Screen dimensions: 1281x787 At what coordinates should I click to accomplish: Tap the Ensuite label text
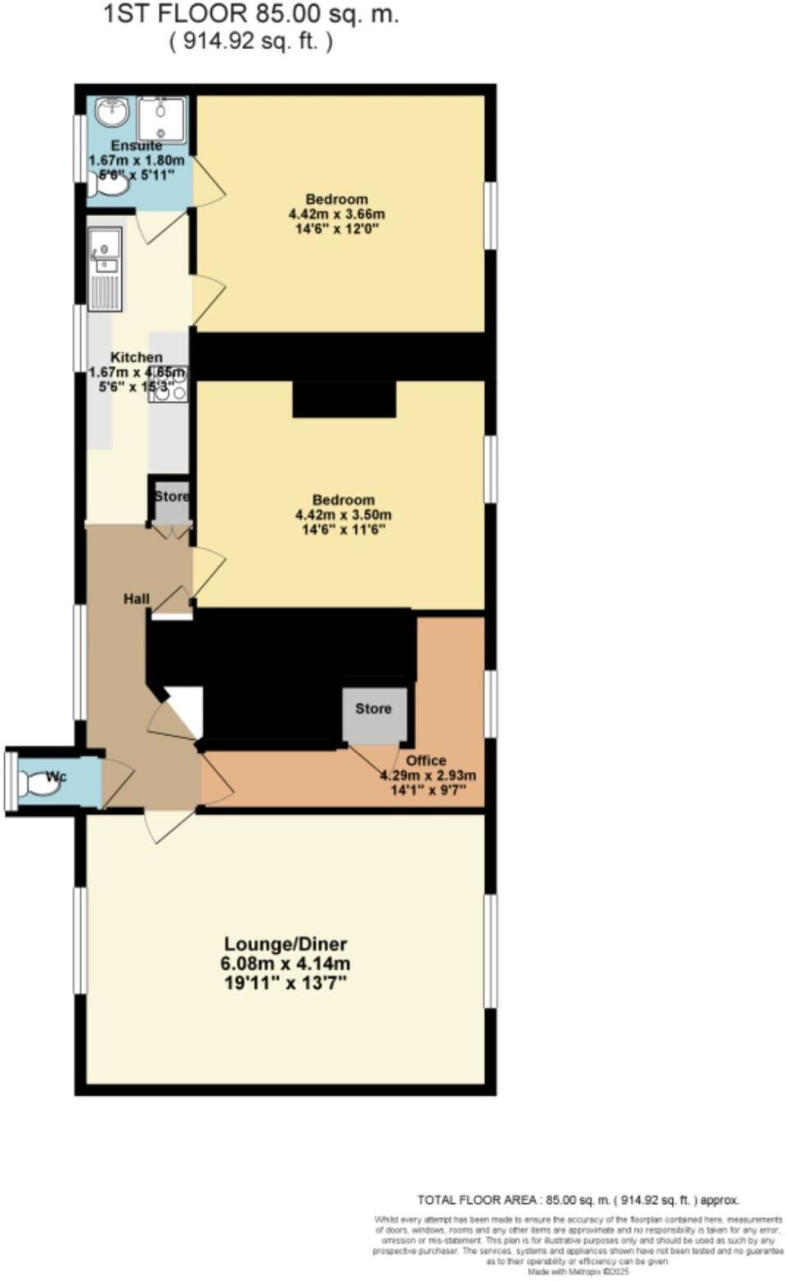point(137,146)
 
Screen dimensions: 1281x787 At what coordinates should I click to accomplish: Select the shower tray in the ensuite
point(161,120)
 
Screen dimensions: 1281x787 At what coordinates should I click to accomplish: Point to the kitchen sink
point(105,251)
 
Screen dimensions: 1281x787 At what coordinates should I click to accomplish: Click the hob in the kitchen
point(168,384)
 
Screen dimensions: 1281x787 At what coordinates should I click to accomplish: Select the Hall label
point(136,599)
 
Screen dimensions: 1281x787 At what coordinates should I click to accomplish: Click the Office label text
point(425,760)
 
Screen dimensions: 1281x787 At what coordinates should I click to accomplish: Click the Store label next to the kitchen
point(172,496)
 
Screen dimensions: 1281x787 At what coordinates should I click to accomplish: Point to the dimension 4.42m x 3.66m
point(336,214)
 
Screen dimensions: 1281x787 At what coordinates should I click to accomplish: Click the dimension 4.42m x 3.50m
point(343,515)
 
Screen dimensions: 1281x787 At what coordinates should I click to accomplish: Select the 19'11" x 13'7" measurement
point(286,982)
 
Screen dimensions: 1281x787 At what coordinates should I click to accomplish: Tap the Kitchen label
point(137,358)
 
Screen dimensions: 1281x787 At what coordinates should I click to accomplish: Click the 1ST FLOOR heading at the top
point(251,14)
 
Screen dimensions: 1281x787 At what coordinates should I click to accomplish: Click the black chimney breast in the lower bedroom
point(344,399)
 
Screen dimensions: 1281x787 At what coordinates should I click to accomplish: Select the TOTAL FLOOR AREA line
point(578,1200)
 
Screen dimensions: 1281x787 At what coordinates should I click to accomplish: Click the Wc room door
point(116,783)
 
